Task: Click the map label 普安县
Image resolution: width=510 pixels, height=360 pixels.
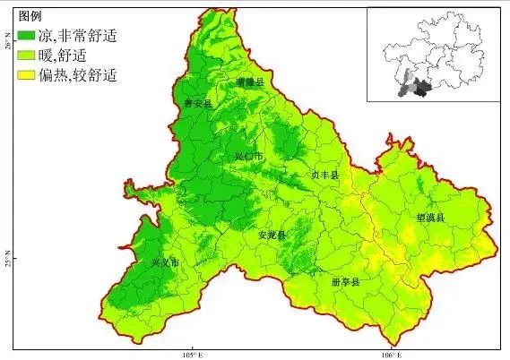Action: click(x=196, y=104)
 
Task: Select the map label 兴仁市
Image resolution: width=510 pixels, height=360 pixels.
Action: click(x=249, y=156)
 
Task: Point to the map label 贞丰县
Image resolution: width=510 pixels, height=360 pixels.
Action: click(x=324, y=176)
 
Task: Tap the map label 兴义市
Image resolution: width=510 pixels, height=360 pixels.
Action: click(x=166, y=263)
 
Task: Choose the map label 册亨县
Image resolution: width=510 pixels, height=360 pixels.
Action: click(x=343, y=282)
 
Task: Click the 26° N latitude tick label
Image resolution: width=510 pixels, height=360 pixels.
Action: click(x=7, y=44)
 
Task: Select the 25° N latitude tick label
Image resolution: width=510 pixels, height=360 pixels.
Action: click(x=7, y=262)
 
